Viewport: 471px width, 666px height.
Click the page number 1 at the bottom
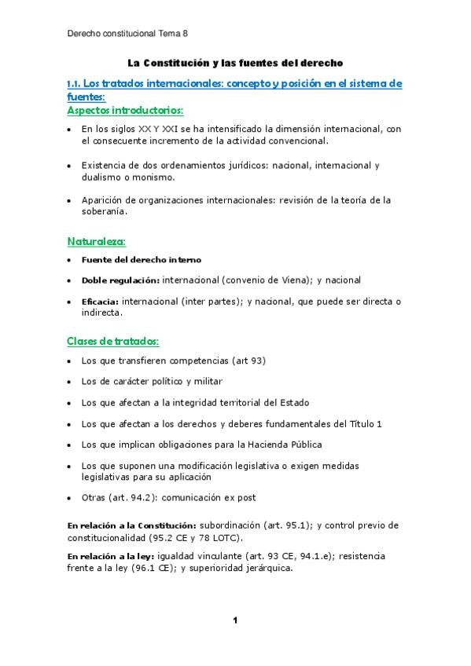point(234,620)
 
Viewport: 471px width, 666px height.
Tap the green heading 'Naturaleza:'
point(97,241)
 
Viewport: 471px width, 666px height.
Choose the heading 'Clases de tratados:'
point(113,342)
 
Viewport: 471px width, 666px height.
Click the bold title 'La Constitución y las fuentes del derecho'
point(235,62)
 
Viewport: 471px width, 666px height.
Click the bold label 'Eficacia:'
point(101,302)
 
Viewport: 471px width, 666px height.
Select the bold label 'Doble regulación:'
point(120,280)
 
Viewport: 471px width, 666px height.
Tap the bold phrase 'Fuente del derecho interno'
point(141,259)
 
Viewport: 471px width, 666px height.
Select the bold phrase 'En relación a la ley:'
point(111,556)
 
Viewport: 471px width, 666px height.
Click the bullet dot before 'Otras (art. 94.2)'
point(71,497)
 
